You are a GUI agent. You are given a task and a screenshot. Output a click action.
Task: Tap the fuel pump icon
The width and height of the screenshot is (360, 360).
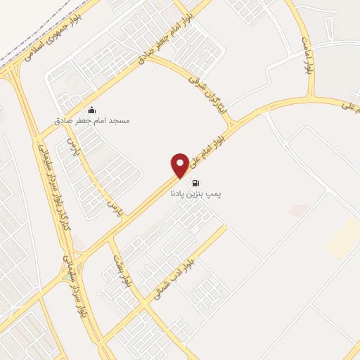194,182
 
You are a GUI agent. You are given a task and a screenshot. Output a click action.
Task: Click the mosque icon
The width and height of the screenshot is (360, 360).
91,110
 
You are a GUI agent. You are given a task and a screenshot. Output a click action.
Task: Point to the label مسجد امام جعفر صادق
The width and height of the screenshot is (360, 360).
103,120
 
